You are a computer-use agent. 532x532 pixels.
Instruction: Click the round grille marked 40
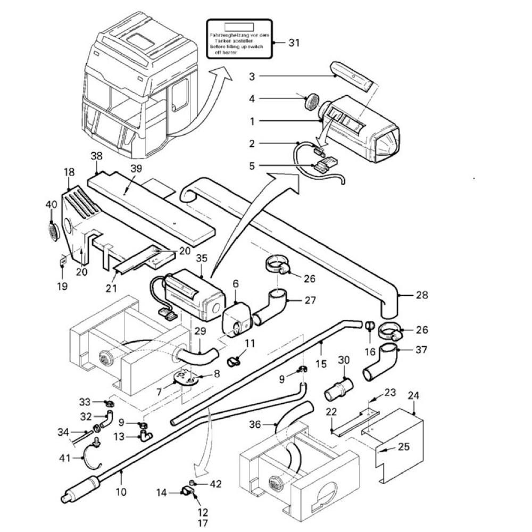pos(53,231)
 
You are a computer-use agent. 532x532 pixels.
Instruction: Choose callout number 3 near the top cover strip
pos(252,76)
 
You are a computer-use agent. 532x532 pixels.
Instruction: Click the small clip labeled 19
pos(62,261)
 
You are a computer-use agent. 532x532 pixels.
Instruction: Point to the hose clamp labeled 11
pos(232,361)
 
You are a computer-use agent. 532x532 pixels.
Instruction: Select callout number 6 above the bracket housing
pos(235,286)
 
